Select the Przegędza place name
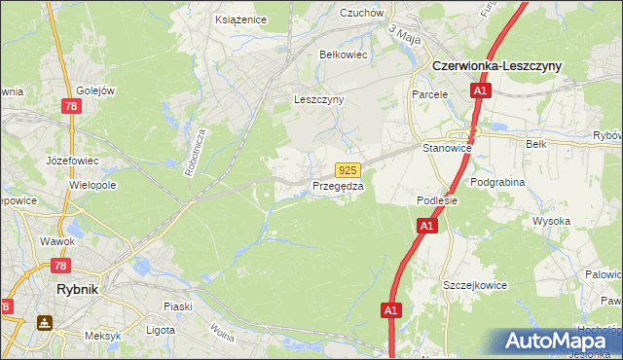coord(338,186)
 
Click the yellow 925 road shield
coord(348,169)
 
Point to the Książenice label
coord(241,18)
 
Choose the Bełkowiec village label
coord(344,54)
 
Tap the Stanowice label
coord(448,148)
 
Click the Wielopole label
coord(93,184)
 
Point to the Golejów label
coord(96,90)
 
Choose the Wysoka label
coord(551,221)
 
